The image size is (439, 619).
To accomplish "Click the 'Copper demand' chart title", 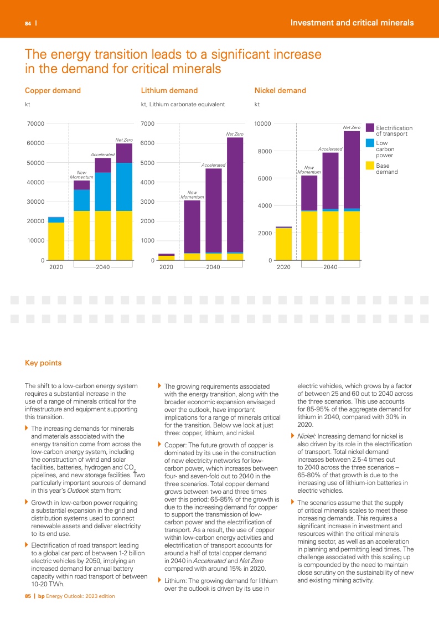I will (x=53, y=90).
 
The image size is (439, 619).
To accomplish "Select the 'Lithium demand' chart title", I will (x=169, y=90).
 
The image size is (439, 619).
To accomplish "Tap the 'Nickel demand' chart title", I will (x=280, y=90).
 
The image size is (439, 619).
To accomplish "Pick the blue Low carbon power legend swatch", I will (x=370, y=143).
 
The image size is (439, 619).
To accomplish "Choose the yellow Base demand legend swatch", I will (x=370, y=166).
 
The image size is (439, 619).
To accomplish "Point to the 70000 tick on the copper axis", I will (x=35, y=123).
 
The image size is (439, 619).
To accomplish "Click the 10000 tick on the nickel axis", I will (x=262, y=123).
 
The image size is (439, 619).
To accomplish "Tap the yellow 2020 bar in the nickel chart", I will (x=283, y=244).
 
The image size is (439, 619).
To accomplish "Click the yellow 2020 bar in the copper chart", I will (x=56, y=241).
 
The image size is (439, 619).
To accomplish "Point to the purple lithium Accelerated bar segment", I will (x=214, y=210).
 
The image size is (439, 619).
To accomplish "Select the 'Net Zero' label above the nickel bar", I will (x=352, y=128).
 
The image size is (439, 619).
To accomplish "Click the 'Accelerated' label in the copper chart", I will (x=102, y=154).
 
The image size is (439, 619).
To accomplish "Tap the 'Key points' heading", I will (x=43, y=363).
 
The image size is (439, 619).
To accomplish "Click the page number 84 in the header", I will (x=27, y=24).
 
